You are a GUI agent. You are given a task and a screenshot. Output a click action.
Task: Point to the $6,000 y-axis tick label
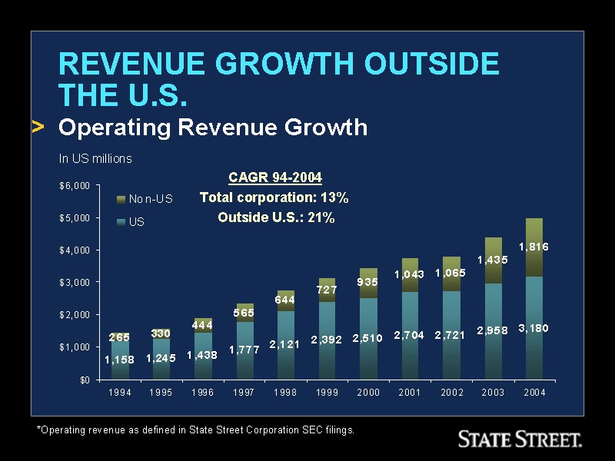(x=75, y=186)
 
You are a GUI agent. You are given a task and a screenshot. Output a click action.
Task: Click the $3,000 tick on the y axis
(x=75, y=283)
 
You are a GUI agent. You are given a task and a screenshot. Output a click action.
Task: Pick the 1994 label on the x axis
(x=120, y=393)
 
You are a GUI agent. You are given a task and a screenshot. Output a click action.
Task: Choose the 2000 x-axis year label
(x=368, y=393)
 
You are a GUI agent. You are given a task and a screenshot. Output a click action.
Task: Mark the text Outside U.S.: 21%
(x=276, y=217)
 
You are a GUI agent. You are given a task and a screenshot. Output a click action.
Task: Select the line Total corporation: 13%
(x=274, y=197)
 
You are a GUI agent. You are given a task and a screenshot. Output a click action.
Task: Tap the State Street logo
(x=519, y=439)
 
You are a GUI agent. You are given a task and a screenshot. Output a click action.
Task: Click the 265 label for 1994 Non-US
(x=119, y=337)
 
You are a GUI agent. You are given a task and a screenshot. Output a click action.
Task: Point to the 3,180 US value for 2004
(x=533, y=328)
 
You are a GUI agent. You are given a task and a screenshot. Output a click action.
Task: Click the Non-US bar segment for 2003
(x=493, y=261)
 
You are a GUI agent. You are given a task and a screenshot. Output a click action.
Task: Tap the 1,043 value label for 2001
(x=409, y=274)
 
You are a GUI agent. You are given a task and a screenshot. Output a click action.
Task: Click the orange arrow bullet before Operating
(x=38, y=127)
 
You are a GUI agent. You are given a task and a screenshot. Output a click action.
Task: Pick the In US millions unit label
(x=95, y=159)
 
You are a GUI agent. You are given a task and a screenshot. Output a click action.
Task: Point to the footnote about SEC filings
(x=196, y=430)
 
